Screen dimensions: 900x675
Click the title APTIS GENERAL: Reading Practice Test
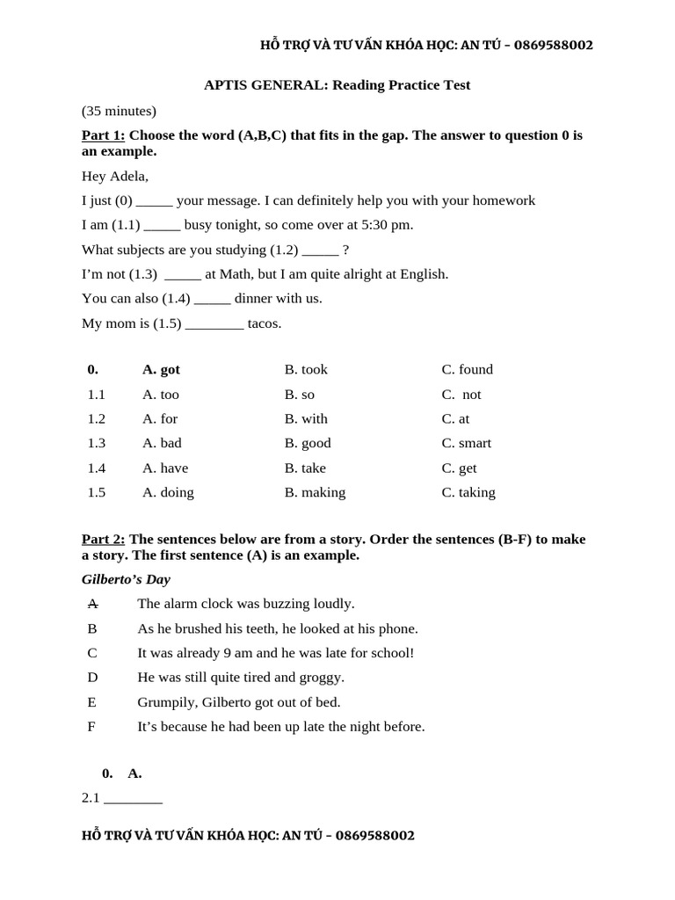pos(337,85)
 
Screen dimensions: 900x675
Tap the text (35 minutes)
pos(119,111)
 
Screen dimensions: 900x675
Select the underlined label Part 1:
pos(103,135)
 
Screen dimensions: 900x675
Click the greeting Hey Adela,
pos(115,176)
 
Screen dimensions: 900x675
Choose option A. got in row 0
pos(161,370)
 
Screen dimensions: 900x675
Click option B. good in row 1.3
pos(308,443)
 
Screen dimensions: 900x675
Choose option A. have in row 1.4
pos(165,468)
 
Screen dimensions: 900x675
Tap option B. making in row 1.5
pos(315,492)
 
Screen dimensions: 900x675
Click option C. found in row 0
pos(467,370)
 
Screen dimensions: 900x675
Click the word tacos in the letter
pos(265,323)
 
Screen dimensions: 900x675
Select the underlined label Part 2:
pos(103,540)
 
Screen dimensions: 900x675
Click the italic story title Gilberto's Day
pos(126,580)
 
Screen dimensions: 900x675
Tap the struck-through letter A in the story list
pos(92,604)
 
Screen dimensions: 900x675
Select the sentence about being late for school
pos(275,653)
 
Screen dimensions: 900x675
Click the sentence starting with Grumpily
pos(238,702)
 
